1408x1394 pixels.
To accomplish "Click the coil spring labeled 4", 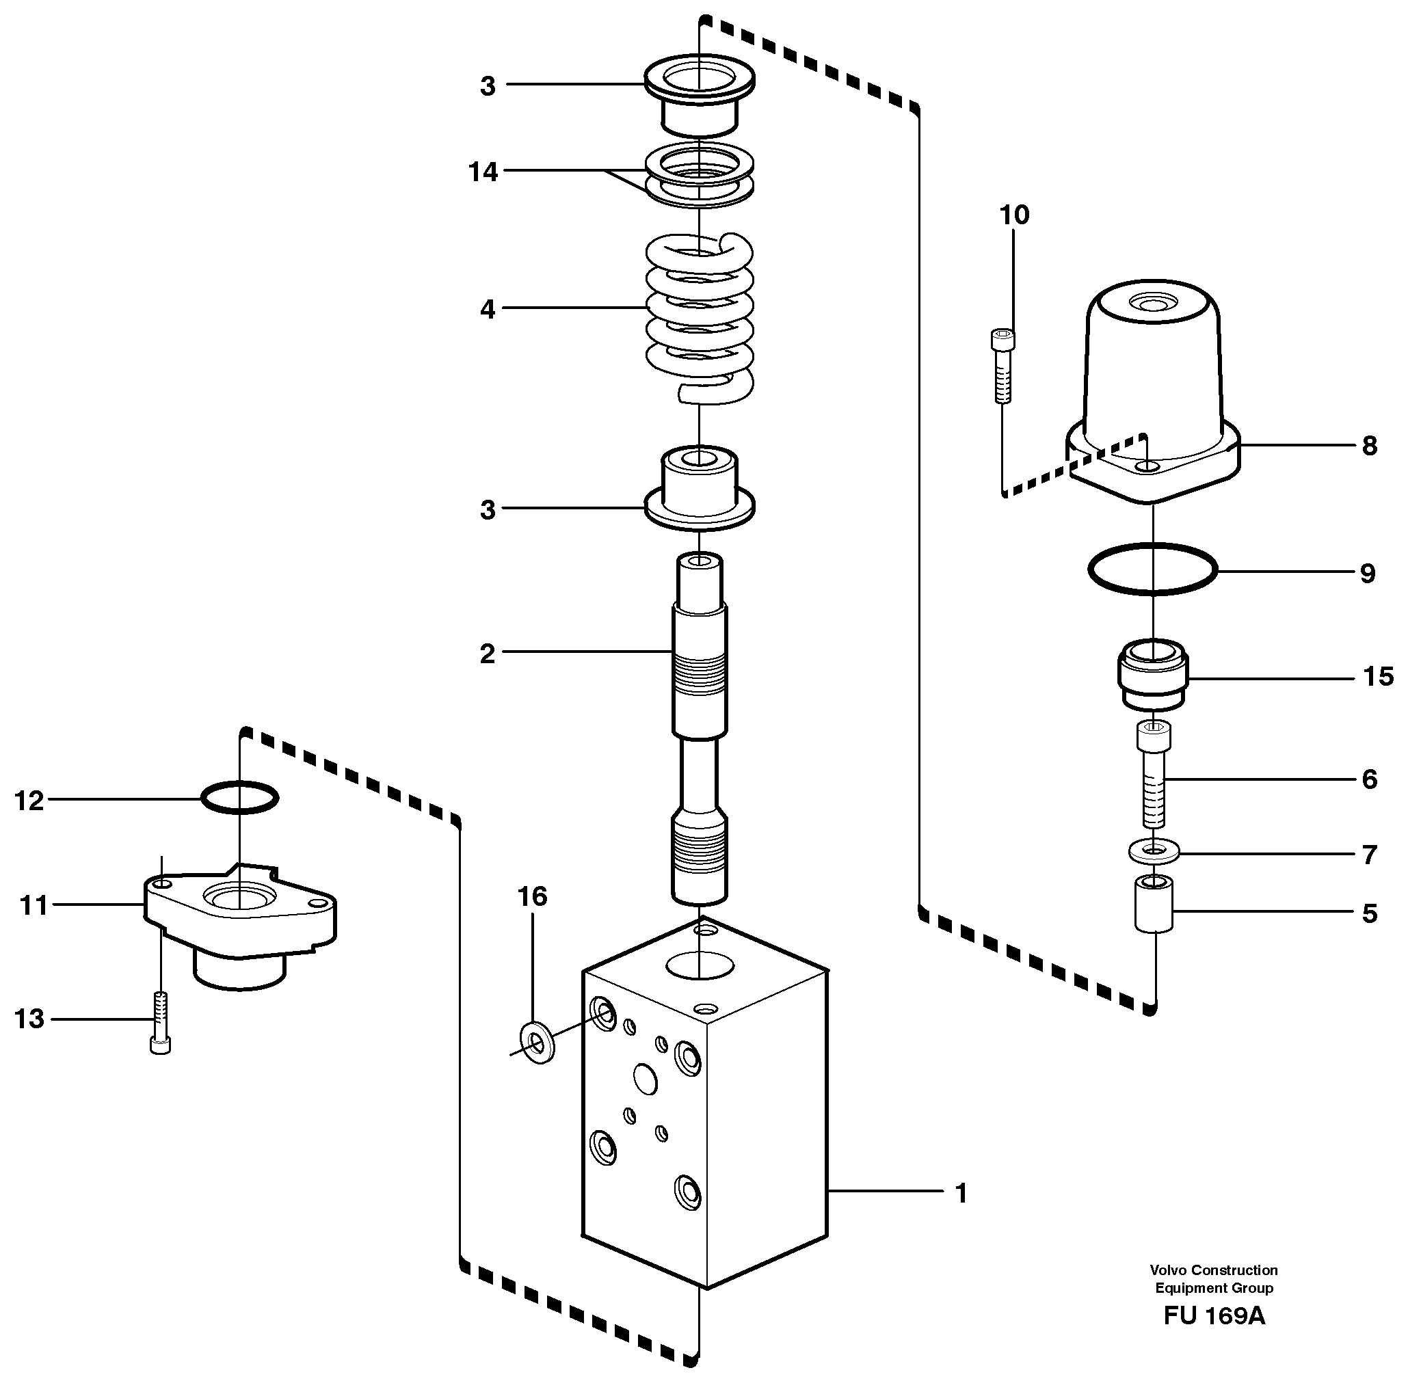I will tap(699, 318).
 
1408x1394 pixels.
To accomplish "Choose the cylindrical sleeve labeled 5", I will tap(1154, 904).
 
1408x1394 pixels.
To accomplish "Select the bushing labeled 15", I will tap(1153, 675).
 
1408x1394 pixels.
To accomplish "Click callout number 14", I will tap(483, 172).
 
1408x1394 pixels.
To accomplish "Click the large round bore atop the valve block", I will tap(700, 964).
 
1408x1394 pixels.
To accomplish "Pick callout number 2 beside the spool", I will tap(487, 654).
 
